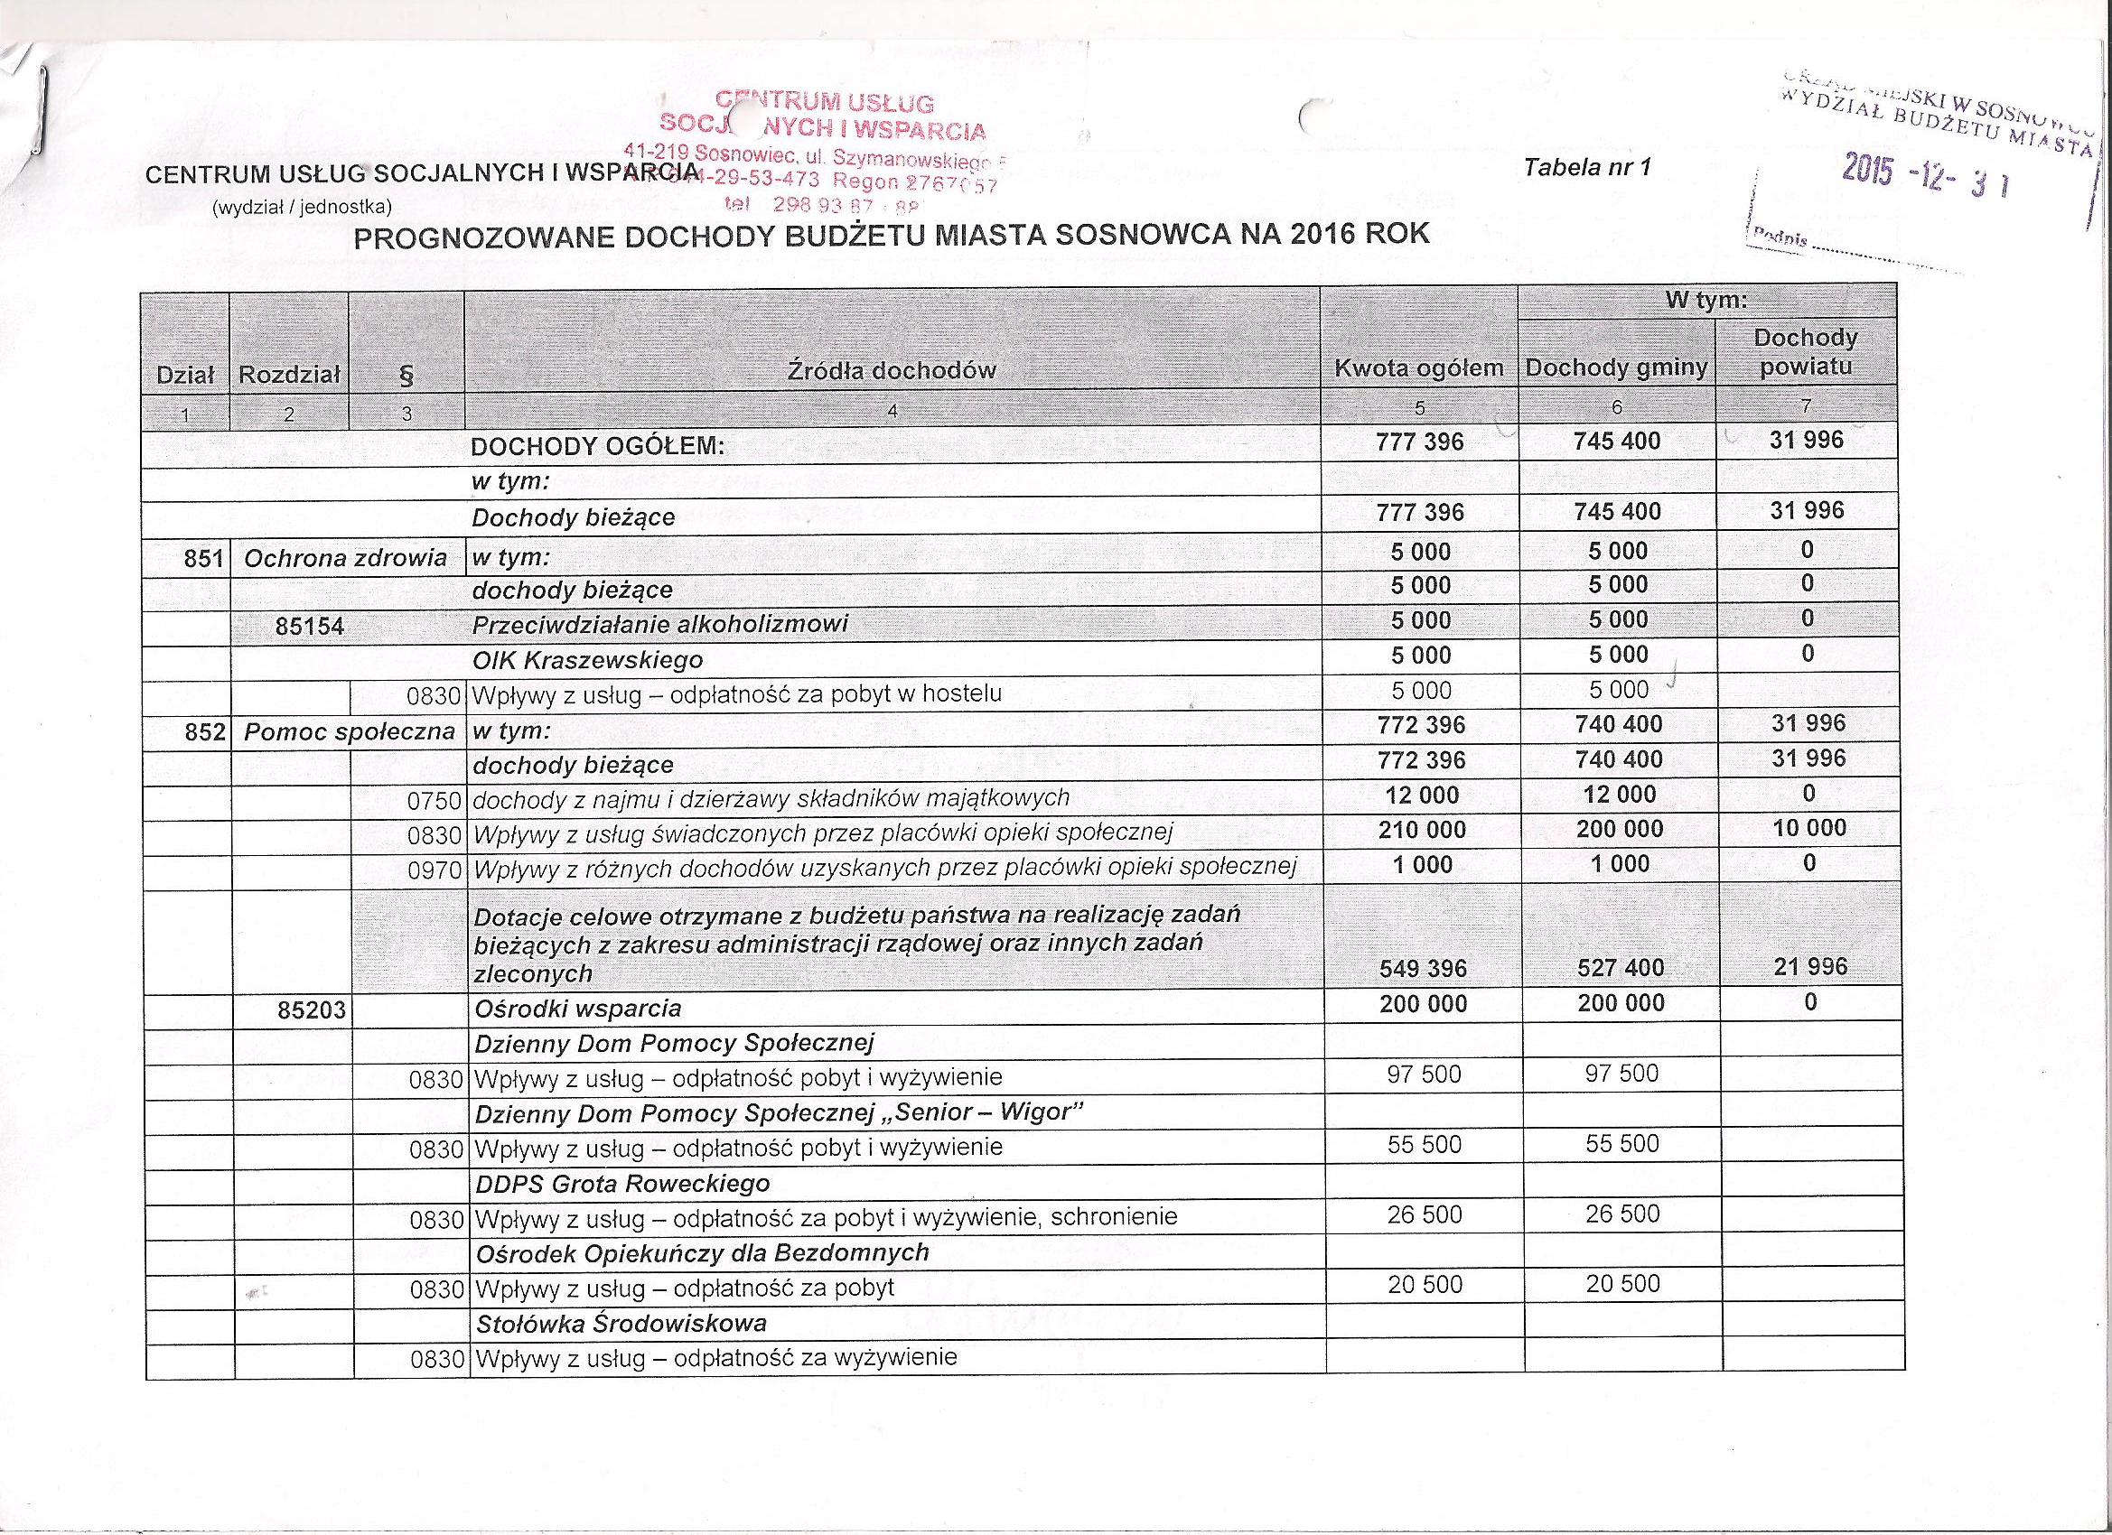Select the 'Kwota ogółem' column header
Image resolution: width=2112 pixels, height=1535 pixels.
(1419, 368)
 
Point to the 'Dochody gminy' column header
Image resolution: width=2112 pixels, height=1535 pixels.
(1617, 368)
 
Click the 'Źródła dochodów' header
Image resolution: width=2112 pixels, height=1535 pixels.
(892, 370)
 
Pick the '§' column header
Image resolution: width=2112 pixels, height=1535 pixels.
(405, 375)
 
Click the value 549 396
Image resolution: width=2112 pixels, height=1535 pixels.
(1422, 969)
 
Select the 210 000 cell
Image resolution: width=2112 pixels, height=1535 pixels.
(1422, 830)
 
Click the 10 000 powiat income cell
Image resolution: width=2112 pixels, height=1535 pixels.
(1809, 827)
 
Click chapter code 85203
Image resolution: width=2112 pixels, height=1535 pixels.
(312, 1009)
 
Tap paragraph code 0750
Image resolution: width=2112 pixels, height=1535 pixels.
(435, 799)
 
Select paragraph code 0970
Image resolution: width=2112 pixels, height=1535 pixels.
(435, 870)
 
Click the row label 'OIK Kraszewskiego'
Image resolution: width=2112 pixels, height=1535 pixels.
(587, 661)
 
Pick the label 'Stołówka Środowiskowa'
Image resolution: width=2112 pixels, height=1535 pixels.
(621, 1323)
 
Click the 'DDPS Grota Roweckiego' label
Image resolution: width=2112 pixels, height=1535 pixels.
(622, 1183)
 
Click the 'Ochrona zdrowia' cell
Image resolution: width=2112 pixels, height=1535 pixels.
(344, 559)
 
